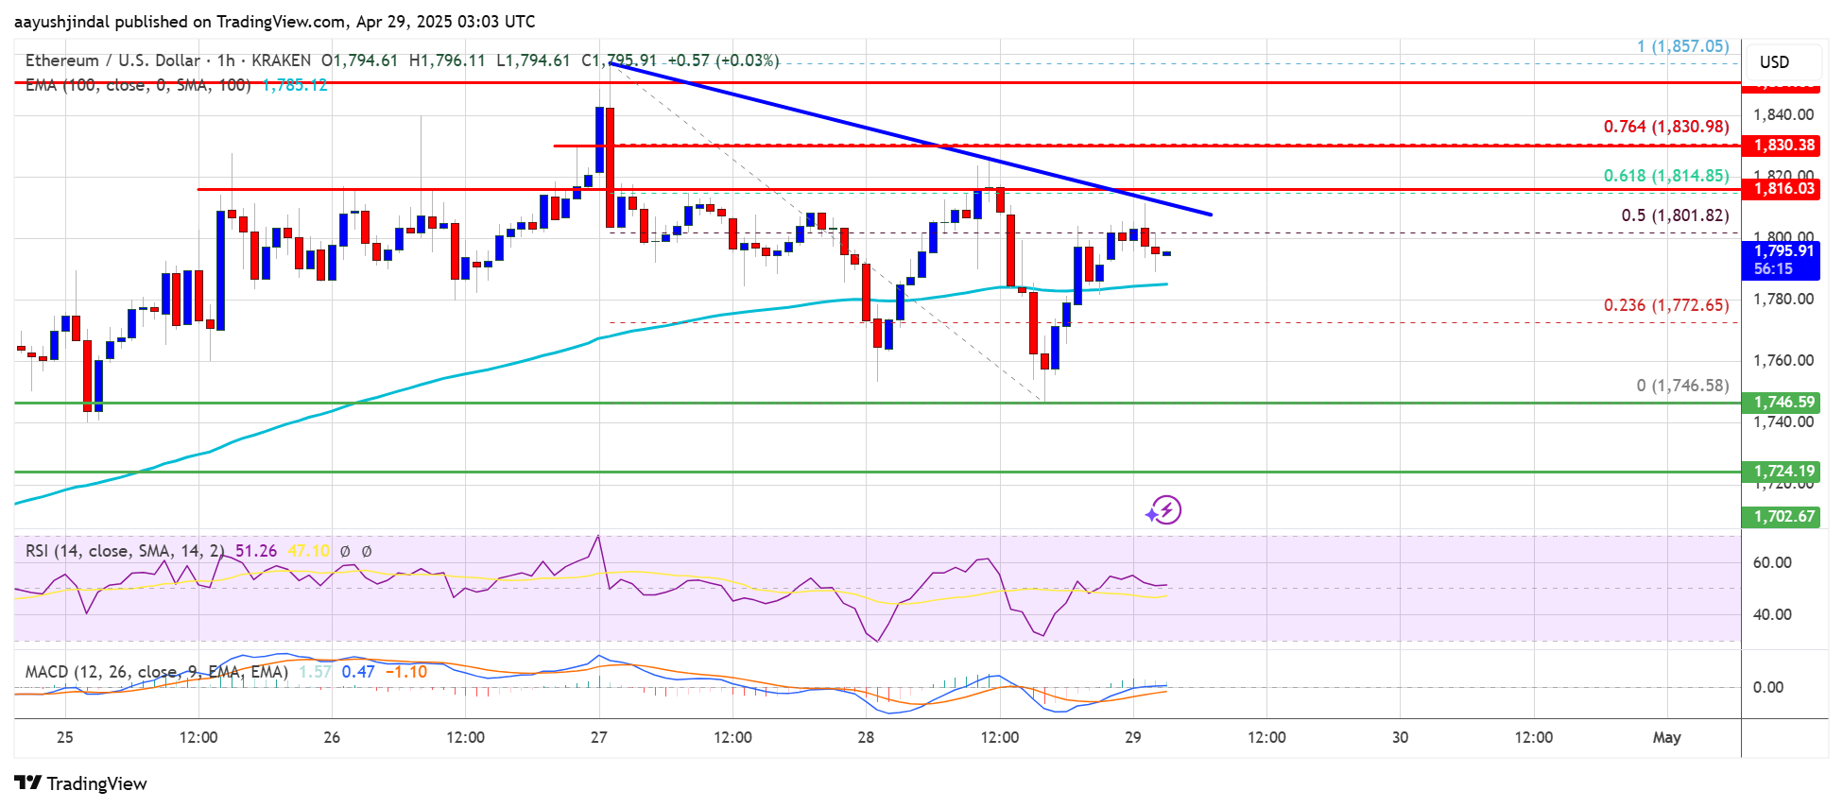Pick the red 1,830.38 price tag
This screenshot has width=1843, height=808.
click(1783, 146)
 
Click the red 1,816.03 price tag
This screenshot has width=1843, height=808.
click(1783, 189)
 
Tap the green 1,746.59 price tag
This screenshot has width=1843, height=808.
click(1783, 403)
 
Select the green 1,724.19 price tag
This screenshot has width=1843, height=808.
click(1783, 472)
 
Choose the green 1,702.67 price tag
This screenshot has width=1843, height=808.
click(1783, 517)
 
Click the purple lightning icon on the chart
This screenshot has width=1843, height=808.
click(1164, 510)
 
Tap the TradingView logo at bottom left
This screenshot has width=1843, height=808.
click(81, 783)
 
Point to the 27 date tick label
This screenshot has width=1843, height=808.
click(599, 738)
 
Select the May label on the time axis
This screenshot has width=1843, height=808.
click(1666, 738)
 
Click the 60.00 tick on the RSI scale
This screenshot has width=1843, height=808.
click(1772, 563)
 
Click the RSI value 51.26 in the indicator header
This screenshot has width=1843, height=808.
click(256, 551)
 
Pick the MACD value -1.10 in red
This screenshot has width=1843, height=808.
click(410, 672)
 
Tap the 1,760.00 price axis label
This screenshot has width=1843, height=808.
click(1783, 361)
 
